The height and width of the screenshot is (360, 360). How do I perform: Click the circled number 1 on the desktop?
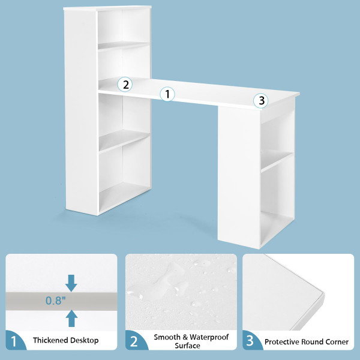(167, 94)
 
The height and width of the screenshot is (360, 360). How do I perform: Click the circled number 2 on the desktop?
(125, 84)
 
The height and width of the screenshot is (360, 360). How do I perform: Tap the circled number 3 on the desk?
(260, 100)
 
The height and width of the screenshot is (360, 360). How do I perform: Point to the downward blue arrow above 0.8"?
(72, 281)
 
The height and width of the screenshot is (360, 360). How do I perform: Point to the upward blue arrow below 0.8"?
(72, 317)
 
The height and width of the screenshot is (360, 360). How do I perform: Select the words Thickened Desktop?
(66, 341)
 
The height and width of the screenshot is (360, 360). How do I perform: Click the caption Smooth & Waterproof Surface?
(187, 341)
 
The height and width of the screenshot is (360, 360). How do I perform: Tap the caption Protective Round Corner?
(306, 341)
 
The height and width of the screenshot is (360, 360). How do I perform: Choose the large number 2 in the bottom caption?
(134, 341)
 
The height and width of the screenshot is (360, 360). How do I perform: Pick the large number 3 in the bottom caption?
(252, 341)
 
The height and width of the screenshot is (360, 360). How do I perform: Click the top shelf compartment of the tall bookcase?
(123, 29)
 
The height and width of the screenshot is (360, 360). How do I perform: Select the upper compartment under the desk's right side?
(277, 138)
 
